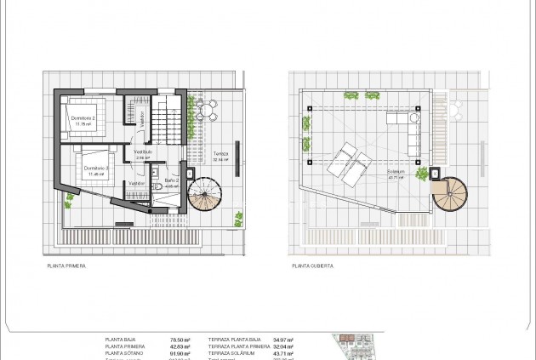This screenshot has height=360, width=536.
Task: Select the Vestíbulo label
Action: click(x=143, y=151)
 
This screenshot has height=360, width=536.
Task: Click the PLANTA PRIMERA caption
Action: click(x=66, y=266)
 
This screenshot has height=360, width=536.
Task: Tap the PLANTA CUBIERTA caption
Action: click(x=312, y=266)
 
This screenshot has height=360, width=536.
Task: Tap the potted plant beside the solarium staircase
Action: click(x=422, y=174)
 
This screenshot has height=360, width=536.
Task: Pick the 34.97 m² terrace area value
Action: click(x=284, y=339)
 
